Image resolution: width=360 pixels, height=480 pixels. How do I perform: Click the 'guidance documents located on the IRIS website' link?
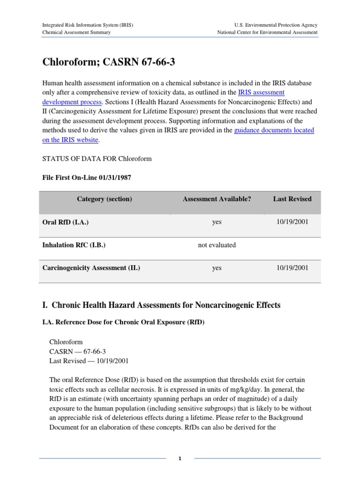[274, 130]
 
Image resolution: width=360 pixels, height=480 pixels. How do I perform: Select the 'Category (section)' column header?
[105, 199]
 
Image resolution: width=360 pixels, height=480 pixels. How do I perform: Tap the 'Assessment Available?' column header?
[217, 199]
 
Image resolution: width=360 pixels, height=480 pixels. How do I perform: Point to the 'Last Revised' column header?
[292, 199]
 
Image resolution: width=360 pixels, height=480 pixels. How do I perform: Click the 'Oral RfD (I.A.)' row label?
[66, 223]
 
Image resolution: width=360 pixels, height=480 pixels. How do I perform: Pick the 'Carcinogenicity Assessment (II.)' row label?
[91, 268]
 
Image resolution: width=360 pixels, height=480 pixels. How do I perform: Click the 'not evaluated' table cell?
[217, 245]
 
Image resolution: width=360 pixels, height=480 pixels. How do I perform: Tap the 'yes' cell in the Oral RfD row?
[217, 222]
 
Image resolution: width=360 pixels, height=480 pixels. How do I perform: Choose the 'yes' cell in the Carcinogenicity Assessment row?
[217, 268]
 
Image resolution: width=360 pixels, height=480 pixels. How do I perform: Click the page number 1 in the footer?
[180, 459]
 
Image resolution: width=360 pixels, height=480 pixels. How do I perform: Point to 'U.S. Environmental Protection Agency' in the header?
[276, 25]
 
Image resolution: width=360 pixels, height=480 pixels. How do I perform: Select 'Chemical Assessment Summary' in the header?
[76, 32]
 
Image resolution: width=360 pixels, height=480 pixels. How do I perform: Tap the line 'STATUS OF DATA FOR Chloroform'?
[97, 159]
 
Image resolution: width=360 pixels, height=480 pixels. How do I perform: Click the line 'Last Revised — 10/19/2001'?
[89, 361]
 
